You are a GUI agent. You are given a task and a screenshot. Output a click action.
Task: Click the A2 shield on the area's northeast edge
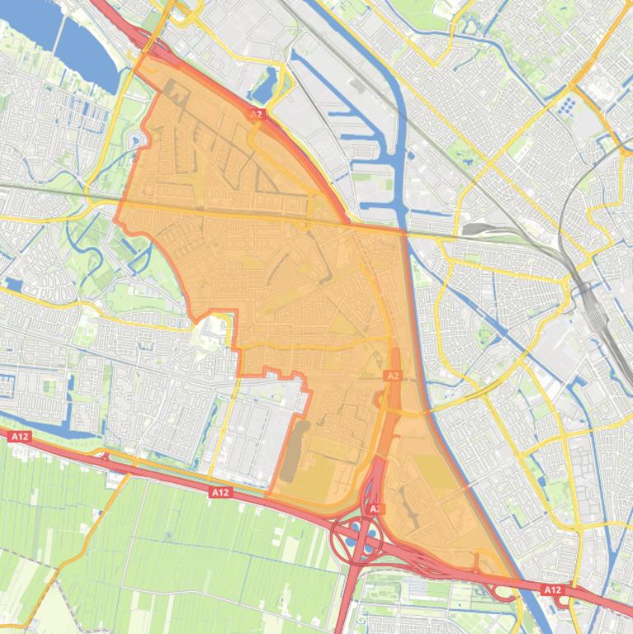pyautogui.click(x=256, y=114)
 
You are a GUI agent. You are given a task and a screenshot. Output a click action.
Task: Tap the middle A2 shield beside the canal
pyautogui.click(x=393, y=375)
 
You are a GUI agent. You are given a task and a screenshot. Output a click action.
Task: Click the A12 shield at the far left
pyautogui.click(x=19, y=436)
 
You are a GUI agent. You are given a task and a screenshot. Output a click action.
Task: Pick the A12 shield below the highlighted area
pyautogui.click(x=220, y=492)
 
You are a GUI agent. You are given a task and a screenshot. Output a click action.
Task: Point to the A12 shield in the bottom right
pyautogui.click(x=552, y=590)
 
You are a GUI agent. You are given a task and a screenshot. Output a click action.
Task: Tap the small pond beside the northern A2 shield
pyautogui.click(x=268, y=84)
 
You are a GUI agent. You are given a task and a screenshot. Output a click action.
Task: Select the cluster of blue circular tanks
pyautogui.click(x=567, y=106)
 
